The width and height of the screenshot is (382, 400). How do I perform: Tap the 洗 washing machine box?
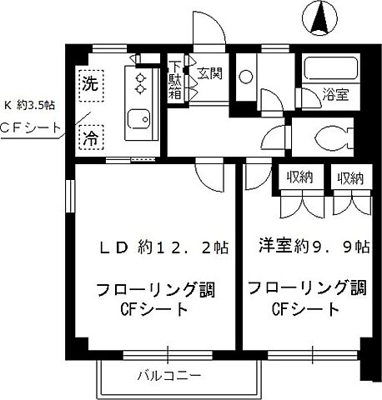click(x=88, y=83)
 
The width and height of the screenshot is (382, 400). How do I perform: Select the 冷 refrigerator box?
click(x=88, y=138)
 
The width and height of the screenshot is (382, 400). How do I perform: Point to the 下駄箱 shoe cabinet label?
click(x=177, y=80)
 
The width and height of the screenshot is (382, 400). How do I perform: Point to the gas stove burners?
click(x=139, y=82)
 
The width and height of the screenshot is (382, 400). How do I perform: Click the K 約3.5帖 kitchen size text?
click(x=32, y=106)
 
